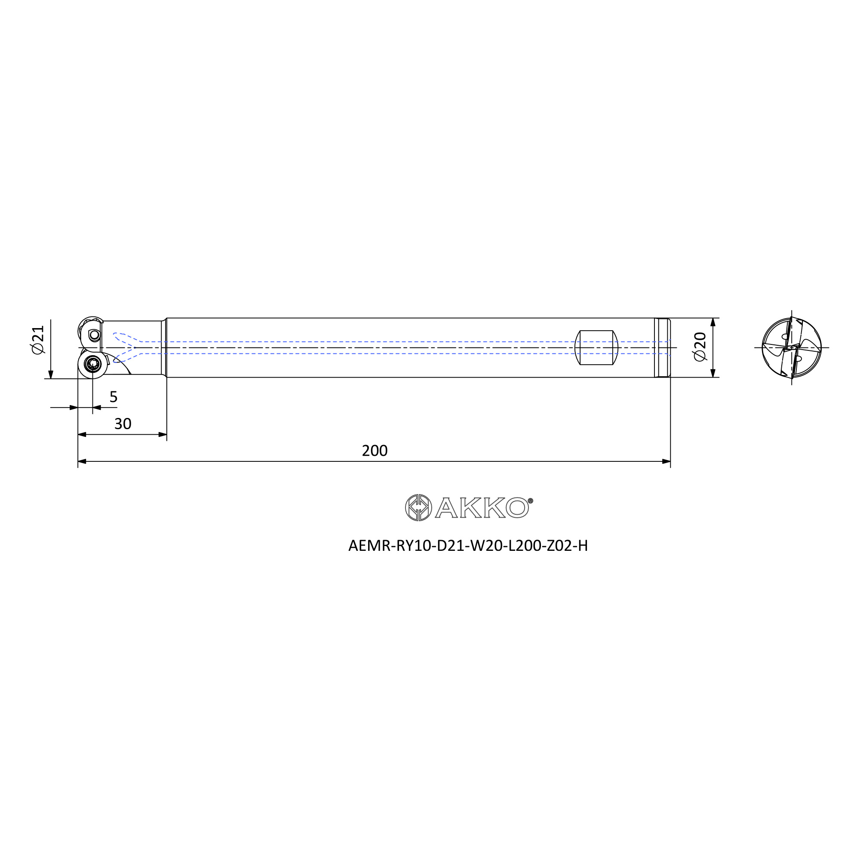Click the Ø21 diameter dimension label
[38, 340]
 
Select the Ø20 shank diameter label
[700, 347]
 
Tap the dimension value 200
[375, 451]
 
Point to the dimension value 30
[123, 424]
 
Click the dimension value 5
[114, 396]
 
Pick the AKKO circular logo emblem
[418, 507]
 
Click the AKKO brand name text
[482, 507]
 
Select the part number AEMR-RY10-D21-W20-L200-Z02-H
[468, 546]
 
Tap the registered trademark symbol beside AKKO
[530, 501]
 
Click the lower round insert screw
[92, 364]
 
